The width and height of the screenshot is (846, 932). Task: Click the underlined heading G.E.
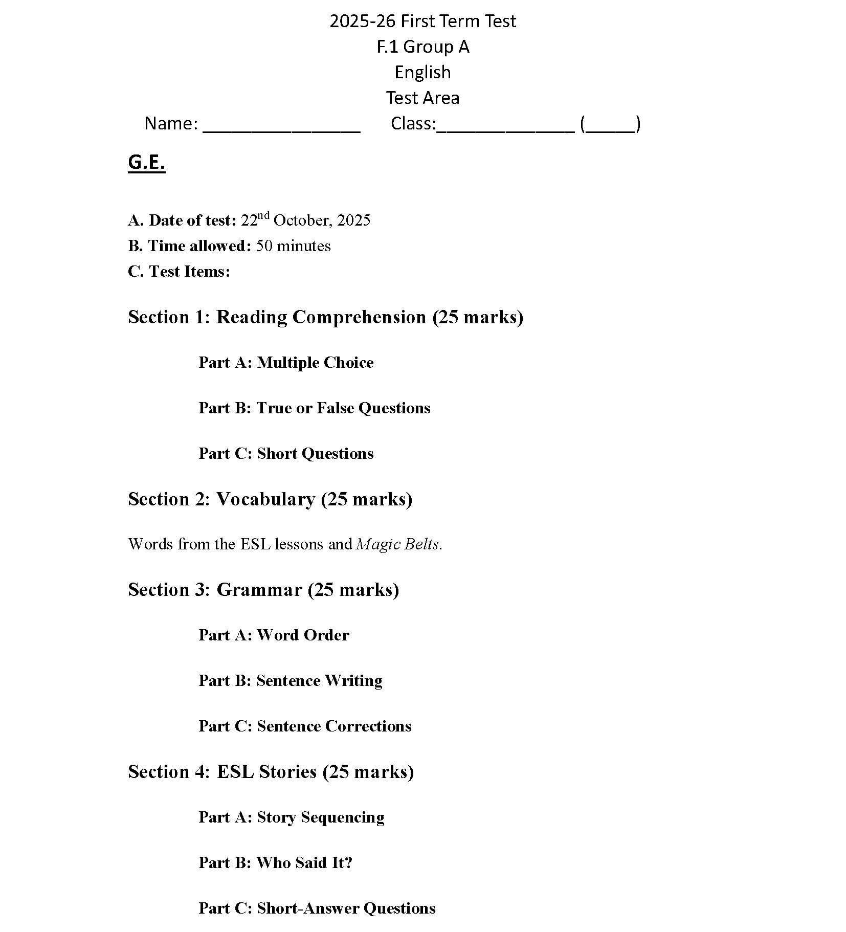coord(146,162)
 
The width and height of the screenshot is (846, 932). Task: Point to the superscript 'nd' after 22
coord(263,215)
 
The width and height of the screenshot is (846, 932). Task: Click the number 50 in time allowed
coord(264,246)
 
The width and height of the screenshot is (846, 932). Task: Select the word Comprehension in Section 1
coord(359,317)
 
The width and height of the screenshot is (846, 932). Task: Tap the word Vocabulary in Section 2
coord(265,499)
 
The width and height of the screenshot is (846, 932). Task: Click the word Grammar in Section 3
coord(259,590)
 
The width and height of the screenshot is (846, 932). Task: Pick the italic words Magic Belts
coord(397,544)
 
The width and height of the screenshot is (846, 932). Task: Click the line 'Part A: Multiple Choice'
coord(286,363)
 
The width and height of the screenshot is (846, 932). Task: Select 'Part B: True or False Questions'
coord(314,408)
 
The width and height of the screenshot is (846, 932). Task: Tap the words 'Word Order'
coord(303,635)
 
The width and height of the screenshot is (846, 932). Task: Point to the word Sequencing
coord(342,817)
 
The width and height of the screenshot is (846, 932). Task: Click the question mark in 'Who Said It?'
coord(348,863)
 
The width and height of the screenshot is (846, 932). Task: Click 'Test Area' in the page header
coord(422,98)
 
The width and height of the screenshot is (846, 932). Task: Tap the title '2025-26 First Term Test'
coord(422,21)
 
